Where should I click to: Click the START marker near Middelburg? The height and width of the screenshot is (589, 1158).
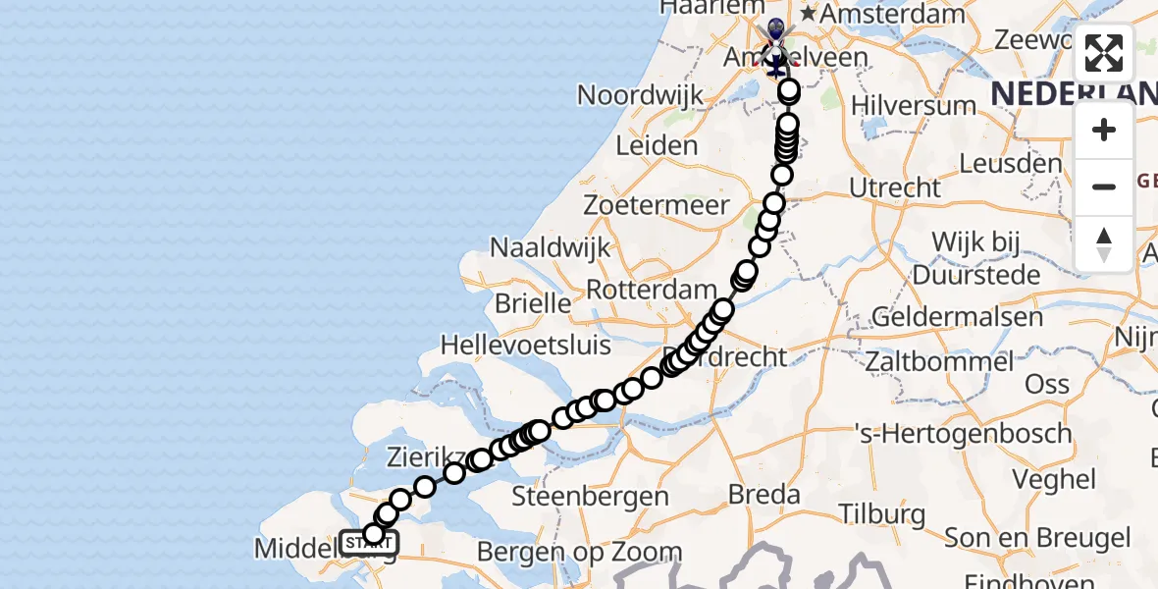(369, 543)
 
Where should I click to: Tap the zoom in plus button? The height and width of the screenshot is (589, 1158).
(1104, 130)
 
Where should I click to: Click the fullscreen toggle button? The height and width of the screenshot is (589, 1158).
(1104, 53)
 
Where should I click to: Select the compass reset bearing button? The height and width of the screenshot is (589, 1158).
(1104, 243)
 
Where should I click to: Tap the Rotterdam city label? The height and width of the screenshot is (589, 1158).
(652, 290)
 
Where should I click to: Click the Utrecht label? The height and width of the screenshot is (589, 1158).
(895, 187)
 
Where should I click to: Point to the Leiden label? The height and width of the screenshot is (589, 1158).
(656, 146)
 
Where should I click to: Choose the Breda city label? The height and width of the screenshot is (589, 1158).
(765, 493)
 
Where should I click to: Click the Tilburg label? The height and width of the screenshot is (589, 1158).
(882, 514)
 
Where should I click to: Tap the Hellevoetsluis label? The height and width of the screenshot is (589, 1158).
(526, 346)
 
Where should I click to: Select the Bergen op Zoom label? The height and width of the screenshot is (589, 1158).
(579, 553)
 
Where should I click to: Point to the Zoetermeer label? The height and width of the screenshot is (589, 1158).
(657, 206)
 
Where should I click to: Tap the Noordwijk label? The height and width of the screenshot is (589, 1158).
(641, 95)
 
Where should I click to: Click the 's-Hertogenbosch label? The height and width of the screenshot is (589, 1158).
(963, 433)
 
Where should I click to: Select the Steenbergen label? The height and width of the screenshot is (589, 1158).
(605, 496)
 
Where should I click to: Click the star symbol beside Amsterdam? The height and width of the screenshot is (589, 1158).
(808, 15)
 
